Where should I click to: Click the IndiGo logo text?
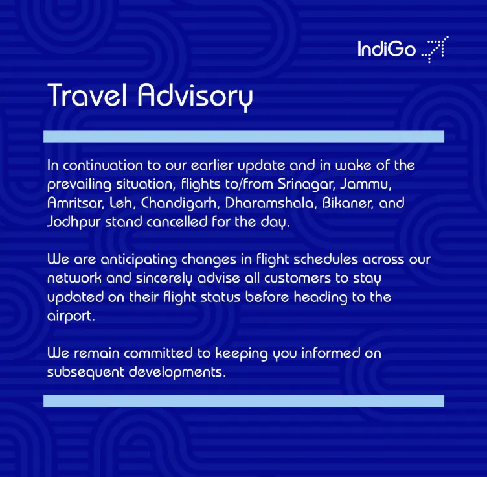pos(387,49)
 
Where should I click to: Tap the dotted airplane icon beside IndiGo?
pos(435,49)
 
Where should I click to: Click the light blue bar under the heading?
pos(243,136)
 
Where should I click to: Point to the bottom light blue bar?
pos(243,401)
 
